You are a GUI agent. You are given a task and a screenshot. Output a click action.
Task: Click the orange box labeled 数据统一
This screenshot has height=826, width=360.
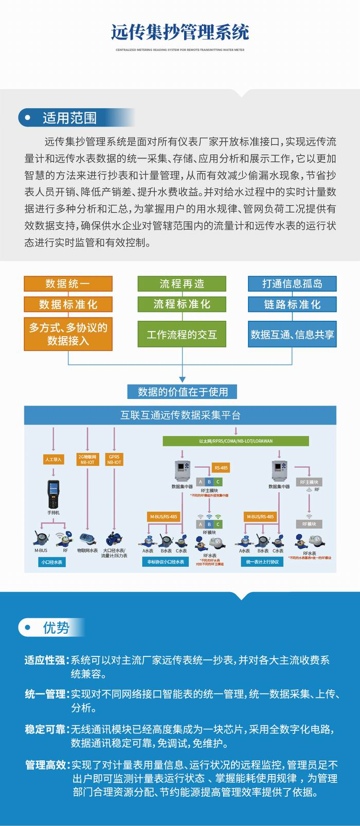tap(68, 283)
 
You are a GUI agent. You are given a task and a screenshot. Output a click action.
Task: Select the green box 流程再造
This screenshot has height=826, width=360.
tap(182, 283)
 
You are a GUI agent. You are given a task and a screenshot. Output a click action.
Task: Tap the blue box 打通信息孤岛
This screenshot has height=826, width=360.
tap(292, 283)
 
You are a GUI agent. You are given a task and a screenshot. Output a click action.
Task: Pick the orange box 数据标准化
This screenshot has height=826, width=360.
tap(68, 304)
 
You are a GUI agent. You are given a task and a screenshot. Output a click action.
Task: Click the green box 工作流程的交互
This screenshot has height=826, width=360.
tap(182, 335)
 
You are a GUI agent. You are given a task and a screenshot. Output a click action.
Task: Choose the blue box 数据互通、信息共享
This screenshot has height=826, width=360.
tap(292, 335)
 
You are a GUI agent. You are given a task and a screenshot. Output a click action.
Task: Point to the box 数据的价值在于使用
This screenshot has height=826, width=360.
tap(183, 392)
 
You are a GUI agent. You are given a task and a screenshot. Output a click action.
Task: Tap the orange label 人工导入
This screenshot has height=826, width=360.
tap(53, 460)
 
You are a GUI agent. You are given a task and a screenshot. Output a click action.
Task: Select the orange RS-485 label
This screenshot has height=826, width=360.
tap(221, 468)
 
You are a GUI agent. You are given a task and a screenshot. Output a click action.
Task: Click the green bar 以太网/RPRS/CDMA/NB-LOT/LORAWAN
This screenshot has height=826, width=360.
tap(236, 441)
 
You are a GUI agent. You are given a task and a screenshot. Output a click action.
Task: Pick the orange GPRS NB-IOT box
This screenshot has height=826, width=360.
tap(114, 460)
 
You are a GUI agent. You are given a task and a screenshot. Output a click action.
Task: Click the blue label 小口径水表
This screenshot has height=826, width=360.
tap(52, 562)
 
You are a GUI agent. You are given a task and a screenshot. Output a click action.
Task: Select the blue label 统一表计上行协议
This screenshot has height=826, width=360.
tap(262, 562)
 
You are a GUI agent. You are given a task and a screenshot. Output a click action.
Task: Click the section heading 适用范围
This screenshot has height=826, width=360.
tap(69, 118)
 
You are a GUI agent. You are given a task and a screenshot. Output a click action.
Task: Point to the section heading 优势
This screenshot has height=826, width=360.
tap(56, 628)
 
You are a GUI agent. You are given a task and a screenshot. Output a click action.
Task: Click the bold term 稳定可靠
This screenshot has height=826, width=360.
tap(46, 729)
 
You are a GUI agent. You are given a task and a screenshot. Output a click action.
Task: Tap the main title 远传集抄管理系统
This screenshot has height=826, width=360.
tap(180, 32)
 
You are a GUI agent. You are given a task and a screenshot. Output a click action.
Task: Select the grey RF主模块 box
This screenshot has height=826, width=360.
tap(309, 482)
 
